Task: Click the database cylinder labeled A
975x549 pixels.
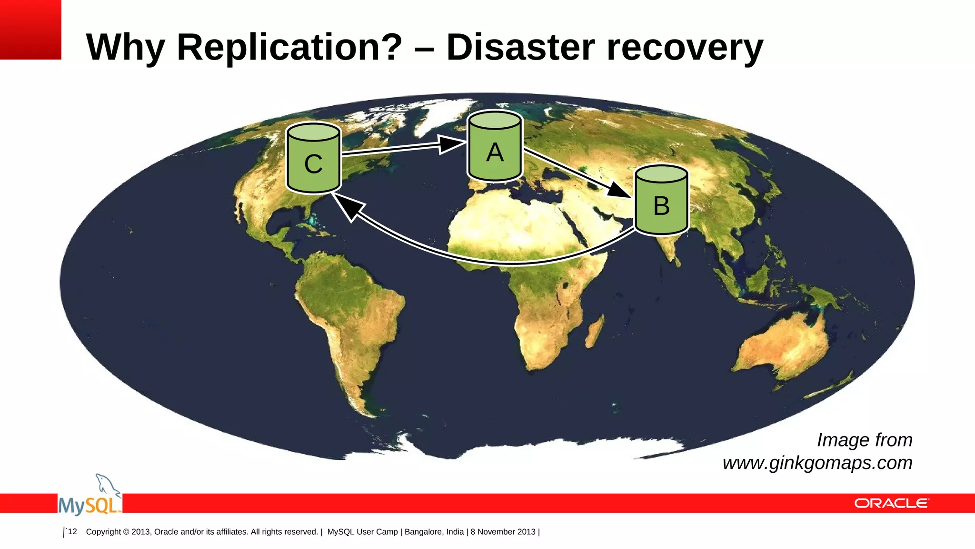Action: (x=495, y=148)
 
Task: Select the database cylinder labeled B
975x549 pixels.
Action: (x=661, y=201)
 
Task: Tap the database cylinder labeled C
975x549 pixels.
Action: (x=313, y=160)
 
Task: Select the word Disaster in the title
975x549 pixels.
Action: (x=520, y=47)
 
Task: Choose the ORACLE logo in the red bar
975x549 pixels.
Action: (x=891, y=503)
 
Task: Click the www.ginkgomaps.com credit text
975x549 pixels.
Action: (x=817, y=463)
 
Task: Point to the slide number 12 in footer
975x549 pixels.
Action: (x=72, y=531)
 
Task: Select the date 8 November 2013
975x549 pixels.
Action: (x=503, y=531)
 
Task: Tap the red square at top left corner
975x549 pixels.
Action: (x=30, y=30)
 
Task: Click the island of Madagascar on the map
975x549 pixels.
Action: (x=594, y=331)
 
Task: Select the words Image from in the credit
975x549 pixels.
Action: (x=865, y=440)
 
